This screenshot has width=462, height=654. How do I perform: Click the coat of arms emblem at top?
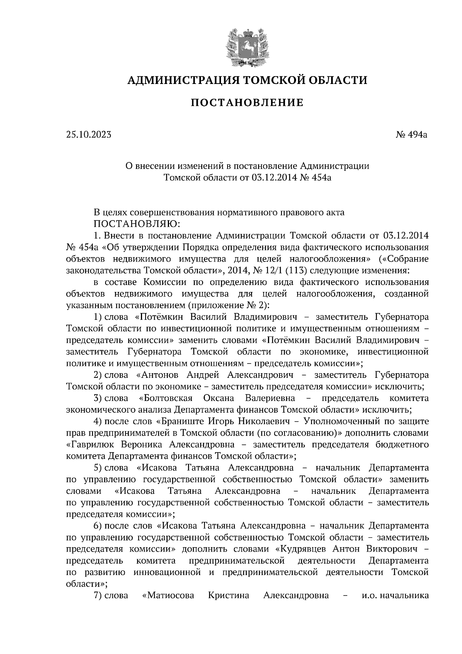coord(246,46)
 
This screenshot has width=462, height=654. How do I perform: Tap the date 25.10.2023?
coord(88,134)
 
